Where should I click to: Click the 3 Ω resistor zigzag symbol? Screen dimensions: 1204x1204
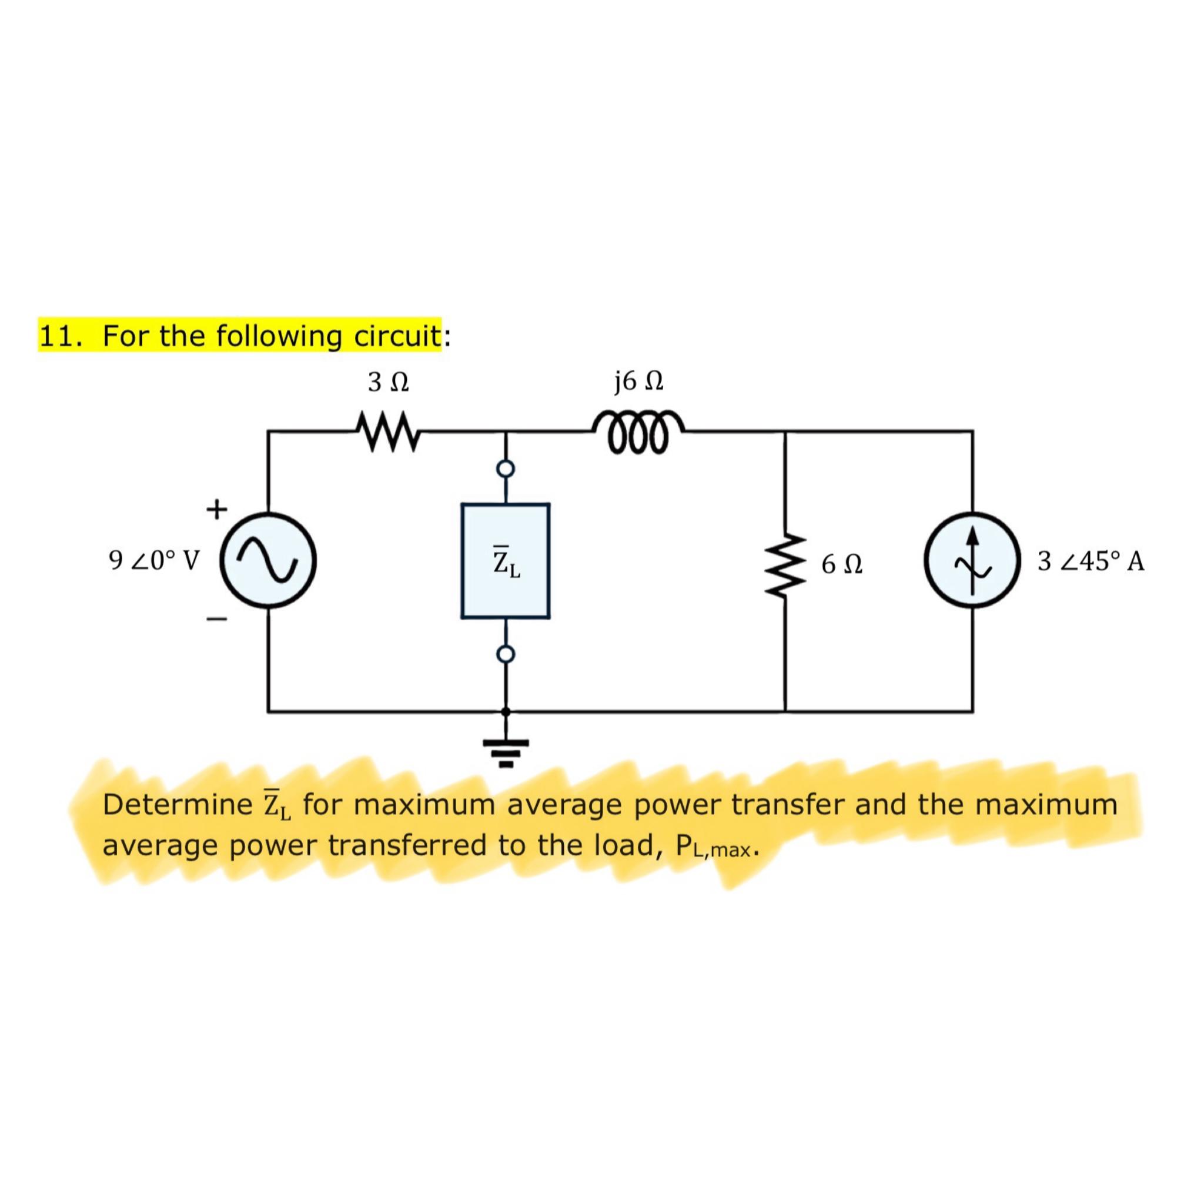pos(387,430)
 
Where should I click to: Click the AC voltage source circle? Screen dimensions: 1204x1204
pos(269,560)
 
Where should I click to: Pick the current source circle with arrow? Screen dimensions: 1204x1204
pos(972,560)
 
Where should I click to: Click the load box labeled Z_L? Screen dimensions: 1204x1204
pos(506,561)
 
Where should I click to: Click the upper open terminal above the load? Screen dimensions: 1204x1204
pos(506,468)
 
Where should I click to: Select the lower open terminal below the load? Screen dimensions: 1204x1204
pos(506,654)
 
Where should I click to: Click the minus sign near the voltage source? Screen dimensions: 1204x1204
pos(217,619)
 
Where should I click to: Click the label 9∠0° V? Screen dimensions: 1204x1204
pos(153,561)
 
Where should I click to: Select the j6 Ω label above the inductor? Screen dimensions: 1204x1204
pos(638,381)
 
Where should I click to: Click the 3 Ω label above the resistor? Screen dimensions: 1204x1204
pos(387,382)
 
